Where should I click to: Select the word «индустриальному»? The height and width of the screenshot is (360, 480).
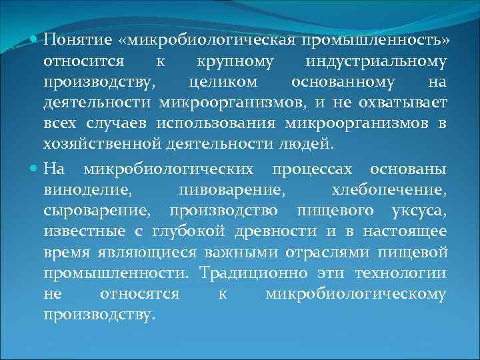tap(376, 62)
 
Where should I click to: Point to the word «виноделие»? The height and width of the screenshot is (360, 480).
tap(87, 190)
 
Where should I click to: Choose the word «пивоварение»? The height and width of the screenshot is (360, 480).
tap(233, 190)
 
